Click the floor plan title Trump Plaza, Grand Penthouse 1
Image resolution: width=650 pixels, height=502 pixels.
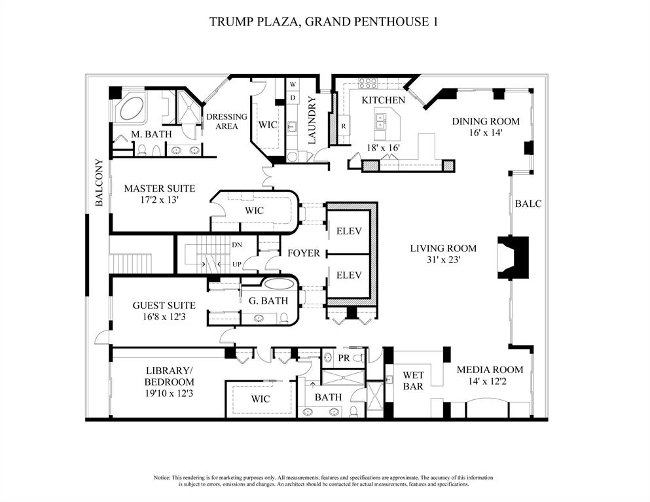point(323,22)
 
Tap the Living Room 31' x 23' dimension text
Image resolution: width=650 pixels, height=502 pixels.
point(443,260)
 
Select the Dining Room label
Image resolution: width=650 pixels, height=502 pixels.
point(486,121)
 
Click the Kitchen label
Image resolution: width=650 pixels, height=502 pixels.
point(384,100)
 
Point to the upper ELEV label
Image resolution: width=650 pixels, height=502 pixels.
point(349,231)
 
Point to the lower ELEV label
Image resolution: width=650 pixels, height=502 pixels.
point(349,275)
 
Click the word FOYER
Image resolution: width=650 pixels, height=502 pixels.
point(304,253)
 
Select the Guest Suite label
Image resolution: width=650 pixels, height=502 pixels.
point(164,305)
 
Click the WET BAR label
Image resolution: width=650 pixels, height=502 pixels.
point(413,381)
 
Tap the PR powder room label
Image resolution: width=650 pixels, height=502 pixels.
point(343,358)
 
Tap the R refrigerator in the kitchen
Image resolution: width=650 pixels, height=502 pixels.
point(343,126)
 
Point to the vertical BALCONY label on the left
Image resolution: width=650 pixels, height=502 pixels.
point(99,183)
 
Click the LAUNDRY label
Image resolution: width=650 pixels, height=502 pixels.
point(312,120)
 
